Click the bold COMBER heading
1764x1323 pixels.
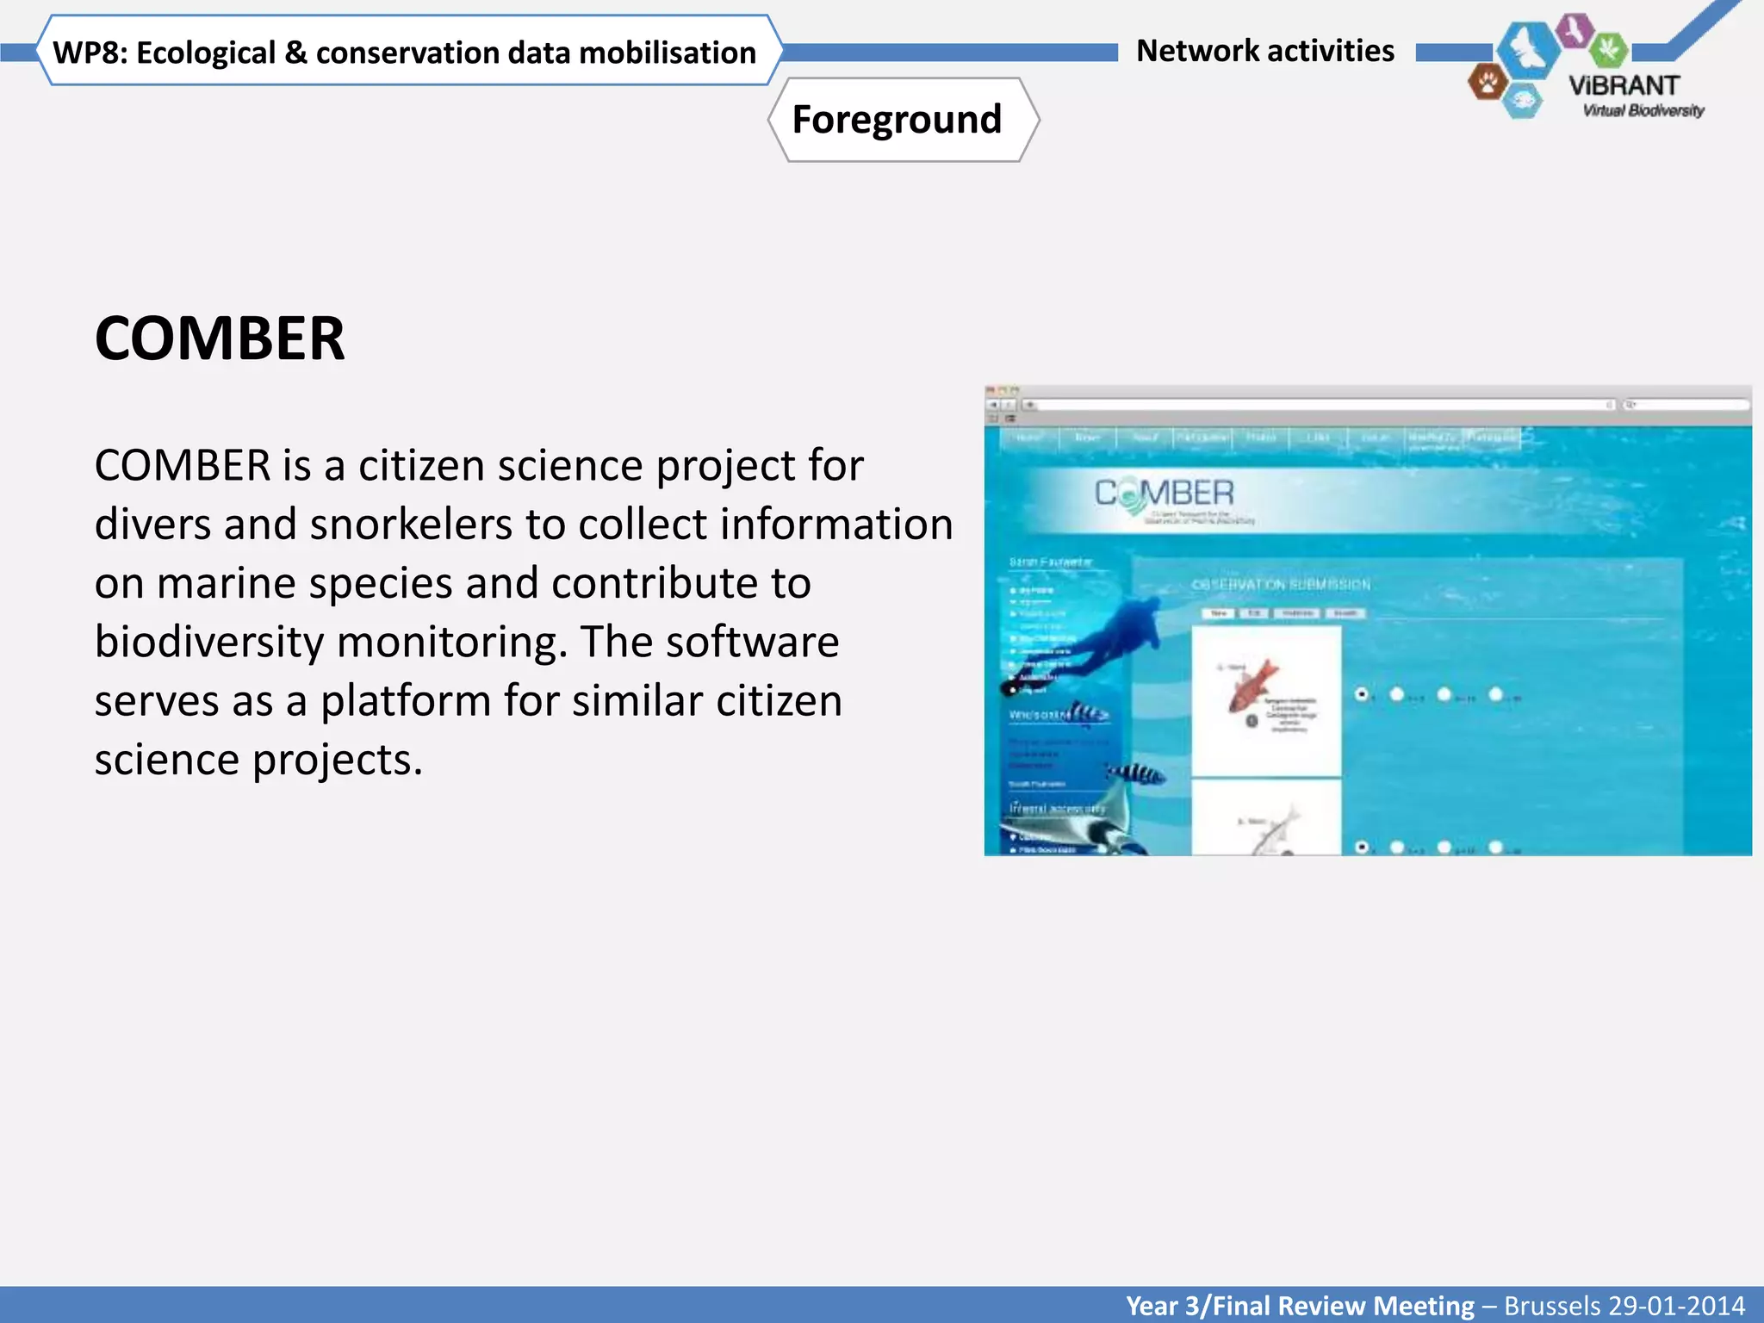(x=220, y=339)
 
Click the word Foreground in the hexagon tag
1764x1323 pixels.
(x=897, y=120)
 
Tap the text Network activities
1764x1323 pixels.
(x=1264, y=51)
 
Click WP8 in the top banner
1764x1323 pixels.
(x=89, y=53)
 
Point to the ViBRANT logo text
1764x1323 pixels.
(x=1624, y=86)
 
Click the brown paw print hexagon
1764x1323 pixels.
(x=1487, y=83)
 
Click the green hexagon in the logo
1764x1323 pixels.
(x=1607, y=49)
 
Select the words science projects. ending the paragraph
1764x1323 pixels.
(x=258, y=760)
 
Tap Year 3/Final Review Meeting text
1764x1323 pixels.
(x=1300, y=1306)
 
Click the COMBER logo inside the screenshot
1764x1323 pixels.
(x=1164, y=494)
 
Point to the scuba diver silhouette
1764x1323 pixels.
(x=1111, y=637)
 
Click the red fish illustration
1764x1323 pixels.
(x=1254, y=685)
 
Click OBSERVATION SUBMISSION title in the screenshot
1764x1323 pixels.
(x=1280, y=584)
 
